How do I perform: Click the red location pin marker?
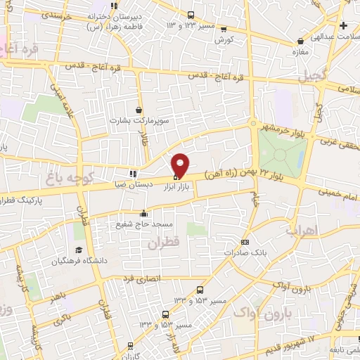point(181,164)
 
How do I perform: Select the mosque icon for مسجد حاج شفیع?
point(144,213)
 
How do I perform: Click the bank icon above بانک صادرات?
point(245,241)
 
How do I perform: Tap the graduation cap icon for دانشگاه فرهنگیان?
point(79,250)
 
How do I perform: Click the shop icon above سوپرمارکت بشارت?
point(139,110)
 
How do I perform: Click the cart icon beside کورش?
point(224,30)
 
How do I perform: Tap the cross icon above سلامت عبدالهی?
point(342,26)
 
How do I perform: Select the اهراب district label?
point(302,230)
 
